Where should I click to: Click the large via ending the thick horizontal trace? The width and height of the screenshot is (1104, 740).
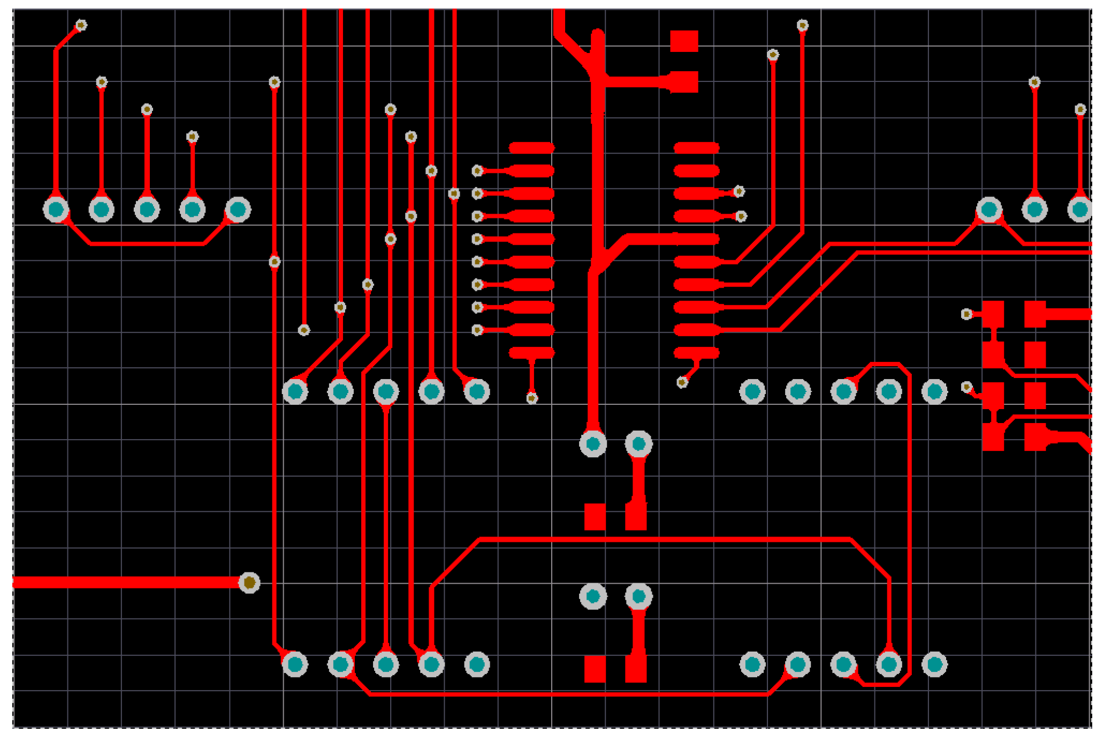249,583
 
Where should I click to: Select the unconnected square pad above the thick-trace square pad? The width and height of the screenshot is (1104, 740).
684,41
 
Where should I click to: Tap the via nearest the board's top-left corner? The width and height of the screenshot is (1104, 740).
81,25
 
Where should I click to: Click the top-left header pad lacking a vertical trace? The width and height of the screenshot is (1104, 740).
238,209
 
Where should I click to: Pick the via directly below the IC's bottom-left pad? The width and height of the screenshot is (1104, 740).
531,398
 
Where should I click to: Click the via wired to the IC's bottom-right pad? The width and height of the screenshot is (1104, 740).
682,382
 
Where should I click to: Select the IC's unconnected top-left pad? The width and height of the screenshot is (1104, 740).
531,148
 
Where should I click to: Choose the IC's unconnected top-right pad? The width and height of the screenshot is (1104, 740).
696,148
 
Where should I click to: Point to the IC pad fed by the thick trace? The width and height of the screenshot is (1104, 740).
696,239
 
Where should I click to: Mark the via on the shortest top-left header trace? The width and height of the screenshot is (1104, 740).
192,137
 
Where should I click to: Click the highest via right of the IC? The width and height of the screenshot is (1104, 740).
802,25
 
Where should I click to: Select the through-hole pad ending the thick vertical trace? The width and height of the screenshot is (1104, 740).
593,443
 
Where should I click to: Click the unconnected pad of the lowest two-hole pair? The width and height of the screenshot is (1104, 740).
593,596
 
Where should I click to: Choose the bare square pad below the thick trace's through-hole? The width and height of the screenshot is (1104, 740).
595,517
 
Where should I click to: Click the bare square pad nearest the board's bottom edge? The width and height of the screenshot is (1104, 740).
595,669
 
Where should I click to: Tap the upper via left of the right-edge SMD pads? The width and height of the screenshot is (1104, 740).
966,314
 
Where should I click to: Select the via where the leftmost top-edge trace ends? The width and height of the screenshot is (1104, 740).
303,330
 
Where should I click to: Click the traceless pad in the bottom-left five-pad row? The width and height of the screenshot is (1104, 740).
477,665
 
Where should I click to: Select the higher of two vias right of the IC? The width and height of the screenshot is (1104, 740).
738,191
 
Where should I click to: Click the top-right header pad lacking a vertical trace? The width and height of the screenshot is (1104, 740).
989,209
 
